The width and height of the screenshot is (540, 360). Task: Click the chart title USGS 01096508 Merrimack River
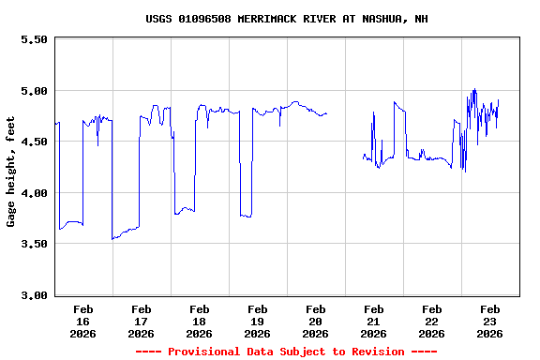tap(287, 19)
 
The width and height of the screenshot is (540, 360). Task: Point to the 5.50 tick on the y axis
tap(34, 40)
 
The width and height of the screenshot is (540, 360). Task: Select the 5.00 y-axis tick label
tap(34, 91)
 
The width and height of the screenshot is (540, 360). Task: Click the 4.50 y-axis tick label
tap(34, 142)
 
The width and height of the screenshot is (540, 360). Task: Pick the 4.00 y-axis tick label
tap(34, 193)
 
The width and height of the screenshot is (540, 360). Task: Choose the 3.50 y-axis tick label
tap(34, 244)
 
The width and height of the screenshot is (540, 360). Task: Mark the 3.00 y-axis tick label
tap(34, 295)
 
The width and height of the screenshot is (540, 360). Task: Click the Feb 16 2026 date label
tap(82, 321)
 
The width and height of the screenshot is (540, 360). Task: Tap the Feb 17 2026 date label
tap(141, 321)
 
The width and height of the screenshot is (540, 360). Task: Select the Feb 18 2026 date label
tap(199, 321)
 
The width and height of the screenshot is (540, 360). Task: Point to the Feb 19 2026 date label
tap(257, 321)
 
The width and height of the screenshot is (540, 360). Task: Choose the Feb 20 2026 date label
tap(315, 321)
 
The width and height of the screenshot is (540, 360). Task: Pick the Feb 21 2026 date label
tap(373, 321)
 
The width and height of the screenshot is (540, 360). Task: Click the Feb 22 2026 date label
tap(431, 321)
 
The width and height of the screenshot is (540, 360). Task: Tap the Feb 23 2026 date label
tap(489, 321)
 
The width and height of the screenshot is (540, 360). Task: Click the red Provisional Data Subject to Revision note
tap(286, 352)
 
